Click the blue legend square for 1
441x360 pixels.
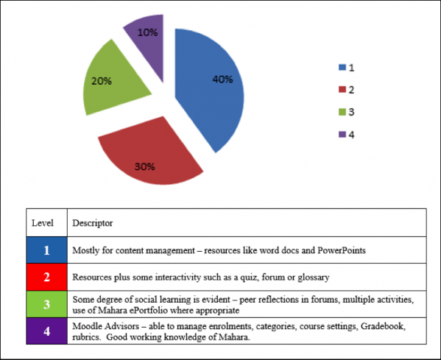[x=342, y=67]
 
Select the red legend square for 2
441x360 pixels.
[x=342, y=89]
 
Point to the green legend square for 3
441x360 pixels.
[x=342, y=112]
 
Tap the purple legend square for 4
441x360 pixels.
[x=342, y=135]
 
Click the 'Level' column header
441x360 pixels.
[x=43, y=223]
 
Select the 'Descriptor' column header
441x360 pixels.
[x=93, y=223]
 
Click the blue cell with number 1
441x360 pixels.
[x=47, y=250]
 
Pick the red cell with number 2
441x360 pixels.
[x=47, y=277]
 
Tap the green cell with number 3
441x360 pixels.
[x=47, y=304]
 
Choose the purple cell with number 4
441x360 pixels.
[x=47, y=331]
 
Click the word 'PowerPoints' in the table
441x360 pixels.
[x=342, y=250]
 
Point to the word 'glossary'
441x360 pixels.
[x=314, y=278]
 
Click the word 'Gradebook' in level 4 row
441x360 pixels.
[x=383, y=326]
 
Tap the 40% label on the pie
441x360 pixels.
[x=222, y=80]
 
